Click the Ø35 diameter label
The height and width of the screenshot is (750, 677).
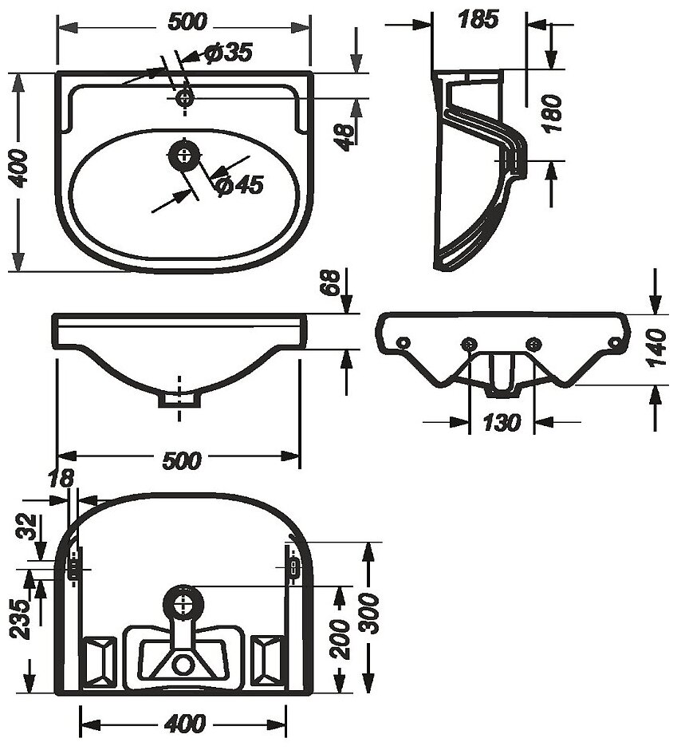pyautogui.click(x=227, y=53)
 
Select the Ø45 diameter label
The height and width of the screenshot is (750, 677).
pyautogui.click(x=238, y=185)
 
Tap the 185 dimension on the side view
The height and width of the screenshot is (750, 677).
pyautogui.click(x=478, y=19)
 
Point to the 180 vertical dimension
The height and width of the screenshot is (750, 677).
pyautogui.click(x=550, y=114)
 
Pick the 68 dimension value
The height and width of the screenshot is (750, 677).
pyautogui.click(x=333, y=284)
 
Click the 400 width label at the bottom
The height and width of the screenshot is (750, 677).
pyautogui.click(x=183, y=724)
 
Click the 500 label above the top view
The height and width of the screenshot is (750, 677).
pyautogui.click(x=184, y=23)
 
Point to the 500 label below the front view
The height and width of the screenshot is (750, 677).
pyautogui.click(x=181, y=460)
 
